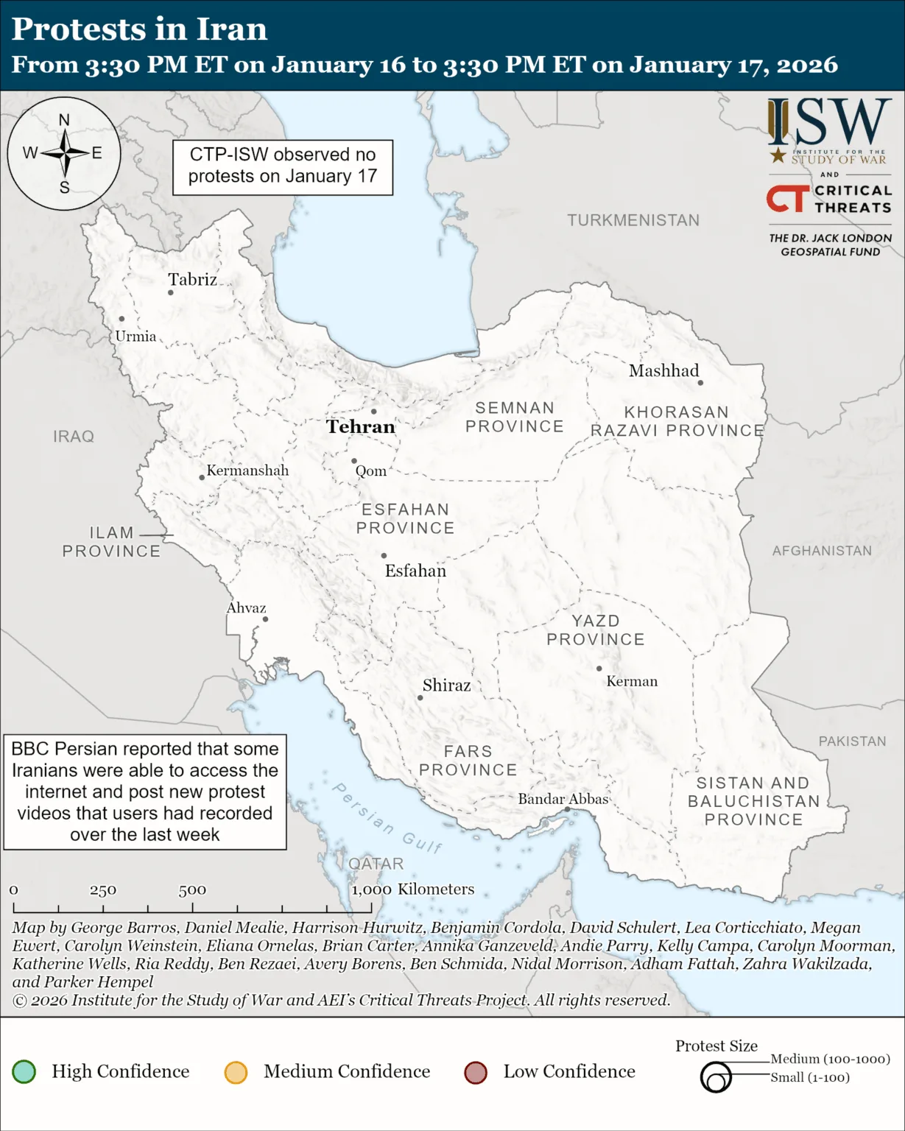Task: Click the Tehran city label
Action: click(360, 427)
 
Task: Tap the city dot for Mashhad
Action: click(700, 383)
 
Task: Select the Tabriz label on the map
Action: click(192, 280)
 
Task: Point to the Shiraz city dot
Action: click(420, 697)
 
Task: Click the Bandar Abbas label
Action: click(563, 799)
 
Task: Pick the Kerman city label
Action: click(632, 682)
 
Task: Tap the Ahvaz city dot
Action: click(266, 619)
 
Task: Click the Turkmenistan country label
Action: click(633, 220)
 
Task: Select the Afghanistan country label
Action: click(822, 551)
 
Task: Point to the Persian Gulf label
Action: click(387, 818)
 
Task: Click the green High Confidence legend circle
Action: click(24, 1071)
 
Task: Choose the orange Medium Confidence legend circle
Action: click(236, 1072)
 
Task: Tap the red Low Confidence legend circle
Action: click(476, 1072)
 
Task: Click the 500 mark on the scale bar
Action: click(192, 890)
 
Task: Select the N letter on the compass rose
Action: click(64, 120)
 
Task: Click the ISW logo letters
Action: click(829, 123)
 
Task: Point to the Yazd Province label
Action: click(596, 630)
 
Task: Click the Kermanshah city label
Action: click(247, 471)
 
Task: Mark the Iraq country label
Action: click(74, 437)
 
